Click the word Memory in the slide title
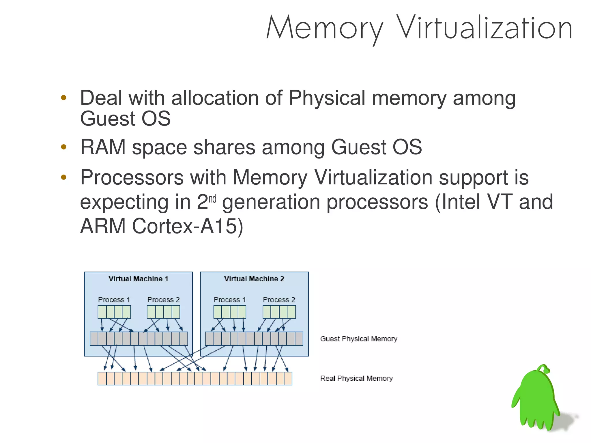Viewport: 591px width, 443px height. tap(324, 28)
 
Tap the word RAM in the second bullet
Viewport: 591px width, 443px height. tap(103, 147)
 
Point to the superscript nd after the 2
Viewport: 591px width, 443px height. tap(212, 199)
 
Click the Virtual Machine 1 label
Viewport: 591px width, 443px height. tap(138, 279)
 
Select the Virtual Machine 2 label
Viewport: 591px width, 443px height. tap(254, 279)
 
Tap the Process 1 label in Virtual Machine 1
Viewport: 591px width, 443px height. tap(114, 300)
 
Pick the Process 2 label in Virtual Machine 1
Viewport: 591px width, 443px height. tap(163, 300)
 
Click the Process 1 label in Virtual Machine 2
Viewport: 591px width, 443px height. tap(230, 300)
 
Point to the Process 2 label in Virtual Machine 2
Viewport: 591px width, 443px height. tap(279, 300)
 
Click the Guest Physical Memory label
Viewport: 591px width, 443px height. tap(359, 339)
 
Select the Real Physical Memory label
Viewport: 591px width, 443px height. tap(356, 378)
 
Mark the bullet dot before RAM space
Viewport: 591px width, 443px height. tap(64, 147)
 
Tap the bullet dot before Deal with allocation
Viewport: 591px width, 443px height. tap(64, 98)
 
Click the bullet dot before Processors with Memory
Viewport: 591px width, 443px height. tap(64, 177)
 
